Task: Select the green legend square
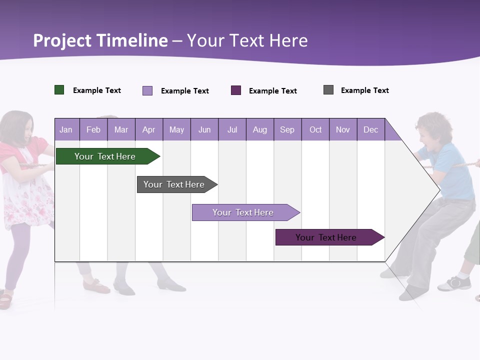click(59, 90)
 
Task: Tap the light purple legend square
click(147, 90)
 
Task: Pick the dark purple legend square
click(236, 90)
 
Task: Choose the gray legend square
click(328, 90)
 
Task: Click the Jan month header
click(66, 129)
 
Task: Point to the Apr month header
click(148, 129)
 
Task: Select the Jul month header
click(232, 129)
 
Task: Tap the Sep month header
click(287, 129)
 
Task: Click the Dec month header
click(370, 129)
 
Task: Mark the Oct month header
click(315, 129)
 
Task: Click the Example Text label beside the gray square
click(364, 90)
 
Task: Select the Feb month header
click(93, 129)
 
